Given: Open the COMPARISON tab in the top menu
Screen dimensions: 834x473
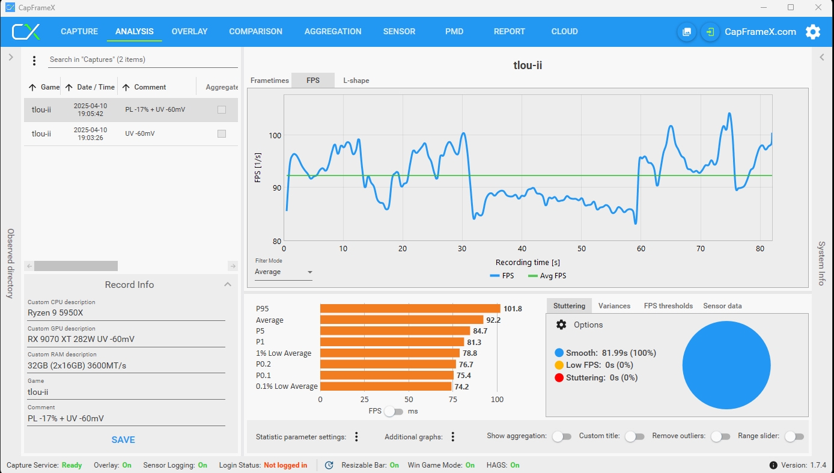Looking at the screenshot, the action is (x=255, y=32).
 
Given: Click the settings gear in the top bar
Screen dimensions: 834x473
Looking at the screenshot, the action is (x=813, y=32).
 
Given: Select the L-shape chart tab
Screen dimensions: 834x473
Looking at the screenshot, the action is (x=356, y=81).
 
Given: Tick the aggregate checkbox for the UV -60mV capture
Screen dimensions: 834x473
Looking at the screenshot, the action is (x=222, y=133).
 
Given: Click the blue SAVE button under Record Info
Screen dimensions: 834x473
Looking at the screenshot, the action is (x=123, y=439).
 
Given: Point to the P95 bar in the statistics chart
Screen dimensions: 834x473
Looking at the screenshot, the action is (x=410, y=308).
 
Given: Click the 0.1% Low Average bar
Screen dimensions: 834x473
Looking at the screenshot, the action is (x=386, y=386).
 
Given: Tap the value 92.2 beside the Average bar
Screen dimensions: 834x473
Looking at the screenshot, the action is (x=493, y=320).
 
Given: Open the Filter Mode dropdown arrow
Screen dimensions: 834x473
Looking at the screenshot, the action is (x=310, y=272).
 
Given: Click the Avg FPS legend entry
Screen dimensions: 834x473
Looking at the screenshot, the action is (x=547, y=276).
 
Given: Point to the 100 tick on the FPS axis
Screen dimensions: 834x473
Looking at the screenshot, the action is (x=275, y=136).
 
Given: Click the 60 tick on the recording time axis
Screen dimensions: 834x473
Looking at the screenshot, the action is (x=641, y=249).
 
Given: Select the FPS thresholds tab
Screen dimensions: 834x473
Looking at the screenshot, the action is (x=668, y=306).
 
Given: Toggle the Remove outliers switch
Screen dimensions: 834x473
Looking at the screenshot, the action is (x=720, y=436).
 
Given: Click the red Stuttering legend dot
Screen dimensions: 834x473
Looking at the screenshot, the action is (x=559, y=377).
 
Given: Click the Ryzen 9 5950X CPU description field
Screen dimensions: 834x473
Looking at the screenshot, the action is (x=126, y=313).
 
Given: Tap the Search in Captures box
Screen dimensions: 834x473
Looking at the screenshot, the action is (x=142, y=60).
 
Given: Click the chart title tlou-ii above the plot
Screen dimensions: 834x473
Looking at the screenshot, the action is (x=528, y=65).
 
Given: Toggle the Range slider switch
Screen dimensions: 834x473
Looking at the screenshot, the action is (x=794, y=436).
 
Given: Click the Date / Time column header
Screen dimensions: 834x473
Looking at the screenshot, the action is (x=96, y=87).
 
